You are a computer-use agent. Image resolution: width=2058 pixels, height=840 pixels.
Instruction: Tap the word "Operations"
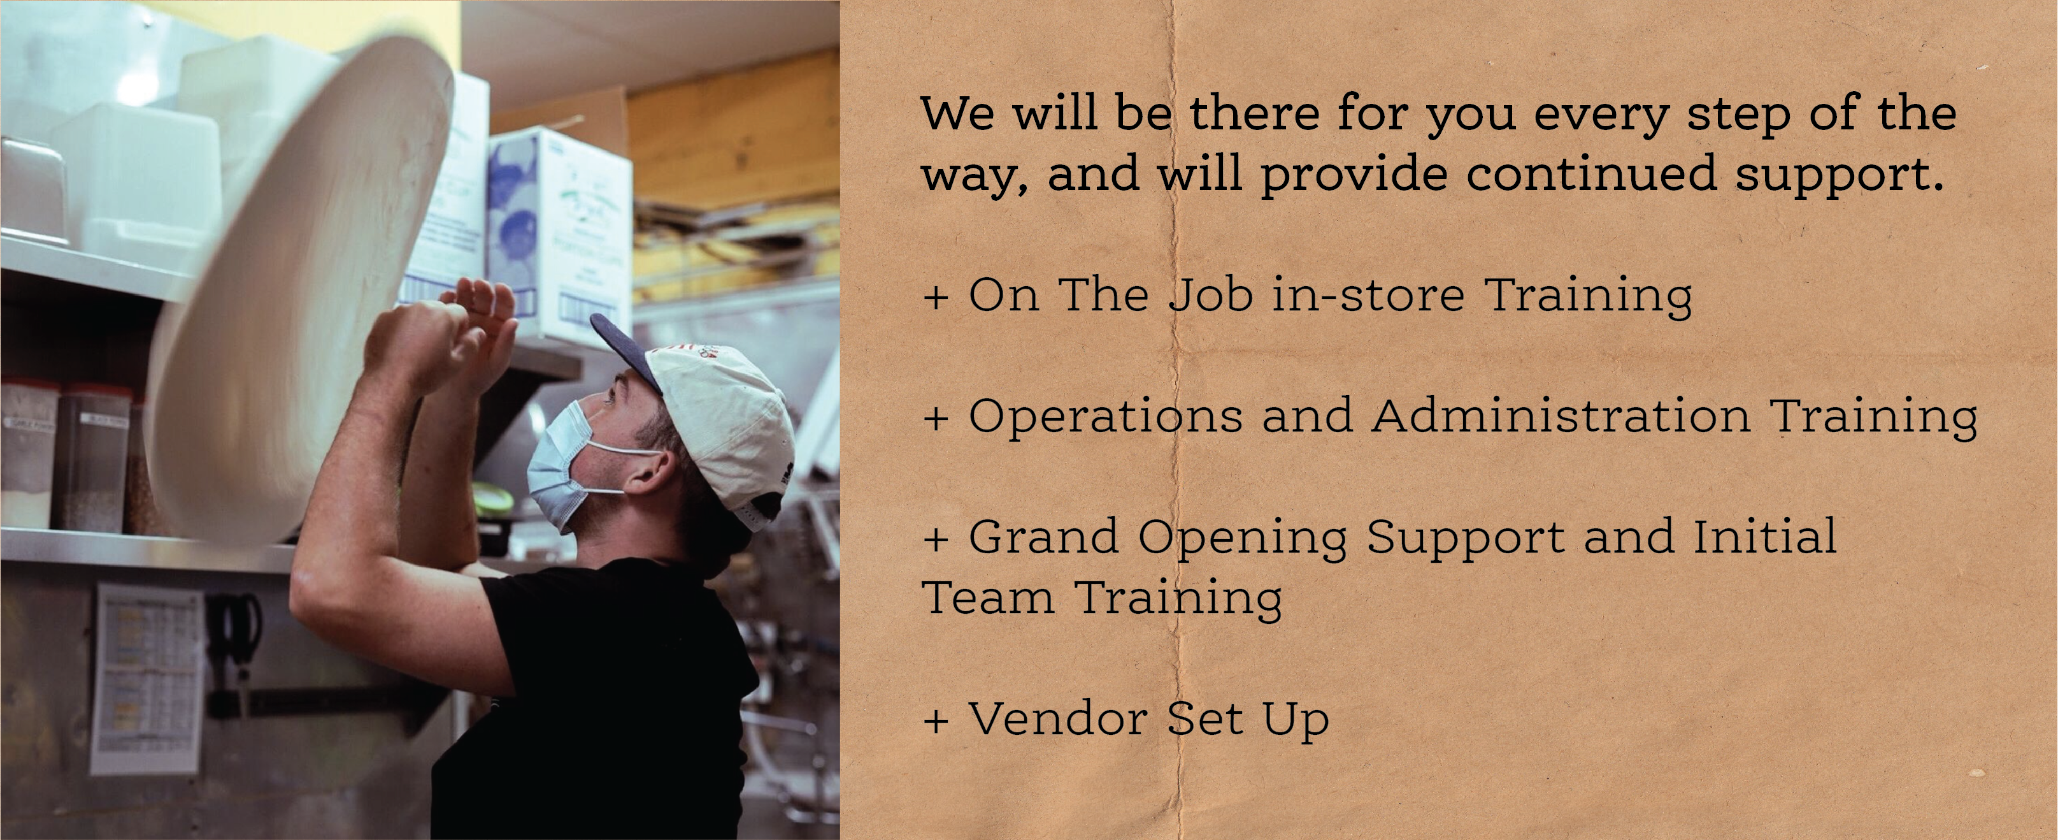pos(1106,418)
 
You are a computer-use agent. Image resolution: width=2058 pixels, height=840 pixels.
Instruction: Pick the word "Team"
pos(987,597)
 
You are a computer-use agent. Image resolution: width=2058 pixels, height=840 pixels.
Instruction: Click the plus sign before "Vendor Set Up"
pos(936,721)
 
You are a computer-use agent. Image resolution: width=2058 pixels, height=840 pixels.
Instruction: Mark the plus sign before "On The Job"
pos(936,298)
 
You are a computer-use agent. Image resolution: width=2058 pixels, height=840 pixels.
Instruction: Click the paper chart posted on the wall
pos(146,679)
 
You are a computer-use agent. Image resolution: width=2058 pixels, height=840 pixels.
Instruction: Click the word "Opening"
pos(1242,539)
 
